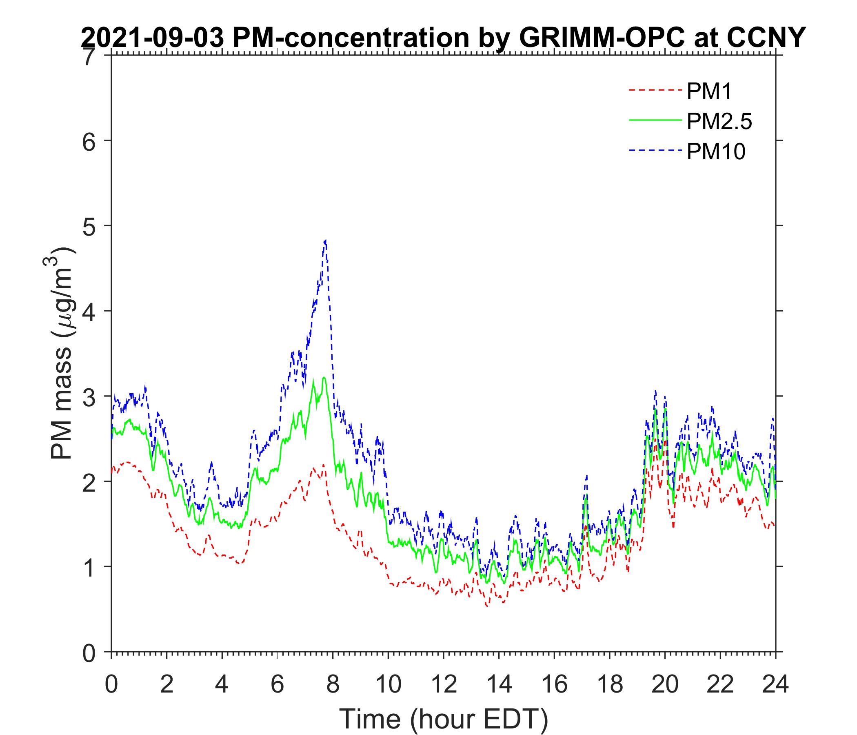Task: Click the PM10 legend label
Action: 716,151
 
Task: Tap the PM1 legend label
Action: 709,91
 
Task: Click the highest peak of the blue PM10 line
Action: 326,240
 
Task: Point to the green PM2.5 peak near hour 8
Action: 324,377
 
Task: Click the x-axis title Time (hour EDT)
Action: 443,719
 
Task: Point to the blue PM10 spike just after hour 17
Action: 586,476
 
